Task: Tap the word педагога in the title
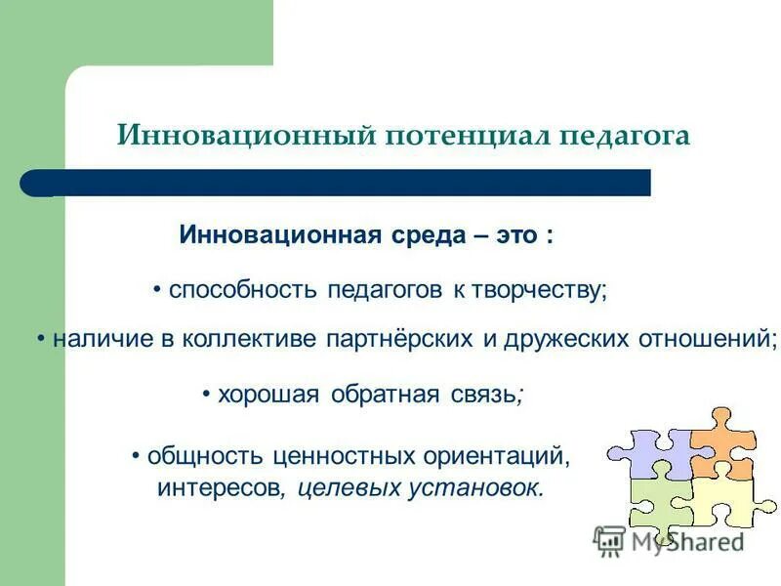[625, 135]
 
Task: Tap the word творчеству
[540, 290]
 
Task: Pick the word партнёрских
[407, 339]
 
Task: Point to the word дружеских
[560, 339]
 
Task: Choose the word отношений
[708, 339]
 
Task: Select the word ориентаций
[494, 456]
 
